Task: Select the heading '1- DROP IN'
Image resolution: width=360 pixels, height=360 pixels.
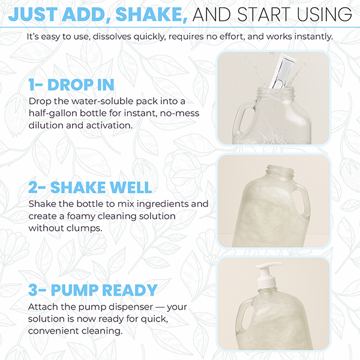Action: tap(71, 85)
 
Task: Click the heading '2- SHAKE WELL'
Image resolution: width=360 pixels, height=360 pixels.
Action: tap(90, 187)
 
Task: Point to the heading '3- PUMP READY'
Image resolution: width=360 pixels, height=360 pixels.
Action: tap(93, 290)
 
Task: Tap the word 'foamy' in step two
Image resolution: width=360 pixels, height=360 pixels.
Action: tap(81, 216)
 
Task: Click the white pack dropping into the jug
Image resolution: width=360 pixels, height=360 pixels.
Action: tap(281, 71)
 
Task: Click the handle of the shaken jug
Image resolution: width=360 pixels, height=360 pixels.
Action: tap(301, 202)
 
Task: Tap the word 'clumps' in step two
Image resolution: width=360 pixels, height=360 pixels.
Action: tap(84, 229)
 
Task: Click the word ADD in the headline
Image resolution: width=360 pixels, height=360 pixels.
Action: tap(86, 14)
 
